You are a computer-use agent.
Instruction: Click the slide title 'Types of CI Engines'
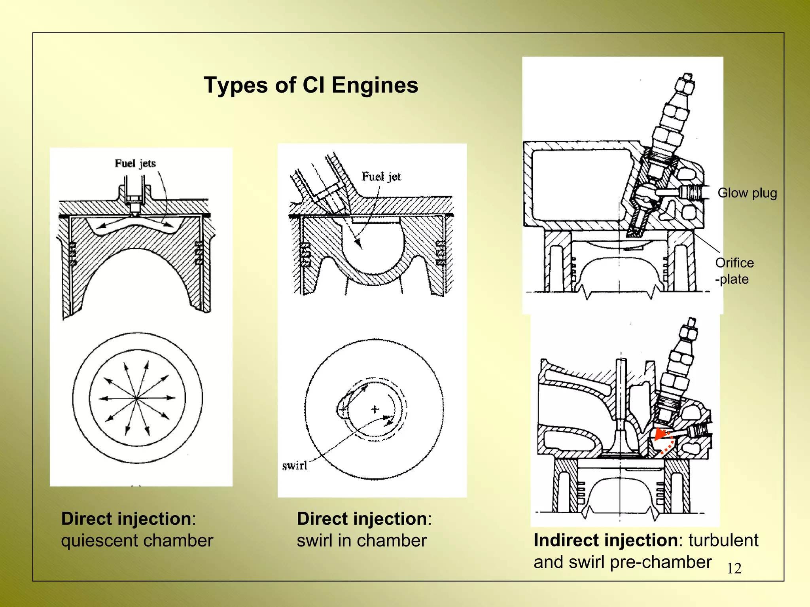[x=311, y=85]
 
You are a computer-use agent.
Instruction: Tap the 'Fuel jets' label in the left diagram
[x=135, y=163]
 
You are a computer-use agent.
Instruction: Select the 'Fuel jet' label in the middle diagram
[x=381, y=176]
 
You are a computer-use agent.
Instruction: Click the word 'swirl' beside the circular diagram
[x=295, y=465]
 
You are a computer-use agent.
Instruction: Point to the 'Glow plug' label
[x=747, y=193]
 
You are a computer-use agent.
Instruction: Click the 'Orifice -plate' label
[x=734, y=271]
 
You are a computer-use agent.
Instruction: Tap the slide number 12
[x=734, y=569]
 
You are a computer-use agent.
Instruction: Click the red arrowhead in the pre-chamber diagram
[x=660, y=434]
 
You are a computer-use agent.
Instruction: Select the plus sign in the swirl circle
[x=375, y=409]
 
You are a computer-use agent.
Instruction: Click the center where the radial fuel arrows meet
[x=136, y=398]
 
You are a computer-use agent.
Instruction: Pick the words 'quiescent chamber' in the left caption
[x=137, y=541]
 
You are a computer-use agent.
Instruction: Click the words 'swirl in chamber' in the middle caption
[x=361, y=541]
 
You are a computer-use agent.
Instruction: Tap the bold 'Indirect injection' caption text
[x=606, y=540]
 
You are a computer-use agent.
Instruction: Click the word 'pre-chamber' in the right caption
[x=660, y=562]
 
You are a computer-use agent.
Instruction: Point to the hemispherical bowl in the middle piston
[x=373, y=249]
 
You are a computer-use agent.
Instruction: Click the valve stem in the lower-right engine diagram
[x=621, y=392]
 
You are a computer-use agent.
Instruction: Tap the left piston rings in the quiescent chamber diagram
[x=72, y=253]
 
